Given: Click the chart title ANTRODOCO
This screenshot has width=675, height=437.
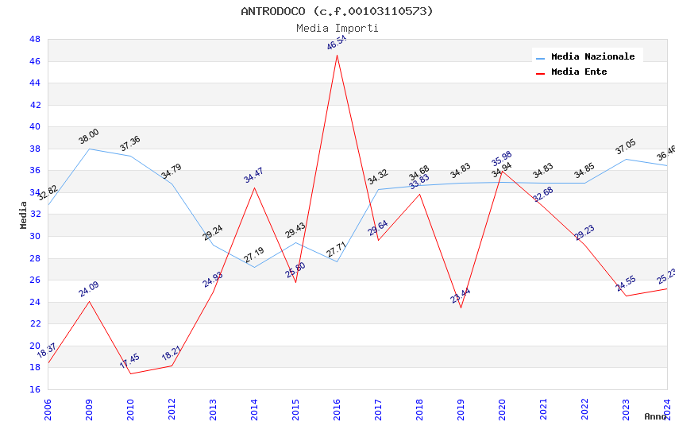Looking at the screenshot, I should click(337, 11).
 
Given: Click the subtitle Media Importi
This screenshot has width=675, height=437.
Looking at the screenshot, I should click(337, 28).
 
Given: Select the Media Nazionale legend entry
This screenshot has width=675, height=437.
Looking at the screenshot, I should click(592, 56).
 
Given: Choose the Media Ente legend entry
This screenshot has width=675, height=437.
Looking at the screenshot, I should click(579, 72).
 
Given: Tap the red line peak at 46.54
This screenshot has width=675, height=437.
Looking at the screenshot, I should click(337, 55).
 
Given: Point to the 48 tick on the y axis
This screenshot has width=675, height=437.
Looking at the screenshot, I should click(35, 39).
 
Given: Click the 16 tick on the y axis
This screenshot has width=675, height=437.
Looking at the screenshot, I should click(35, 389).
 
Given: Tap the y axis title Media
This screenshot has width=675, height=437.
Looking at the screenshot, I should click(24, 215).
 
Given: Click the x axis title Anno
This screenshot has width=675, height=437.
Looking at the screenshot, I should click(655, 416).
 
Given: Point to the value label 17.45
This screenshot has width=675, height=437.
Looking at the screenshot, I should click(129, 362).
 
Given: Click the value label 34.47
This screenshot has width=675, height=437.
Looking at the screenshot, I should click(253, 176).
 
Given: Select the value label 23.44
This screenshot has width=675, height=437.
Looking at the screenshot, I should click(460, 296).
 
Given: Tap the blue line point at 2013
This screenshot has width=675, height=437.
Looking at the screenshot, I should click(213, 245).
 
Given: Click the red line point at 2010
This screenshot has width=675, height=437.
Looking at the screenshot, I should click(130, 373).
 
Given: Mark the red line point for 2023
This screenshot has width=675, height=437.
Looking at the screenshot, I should click(626, 296).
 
